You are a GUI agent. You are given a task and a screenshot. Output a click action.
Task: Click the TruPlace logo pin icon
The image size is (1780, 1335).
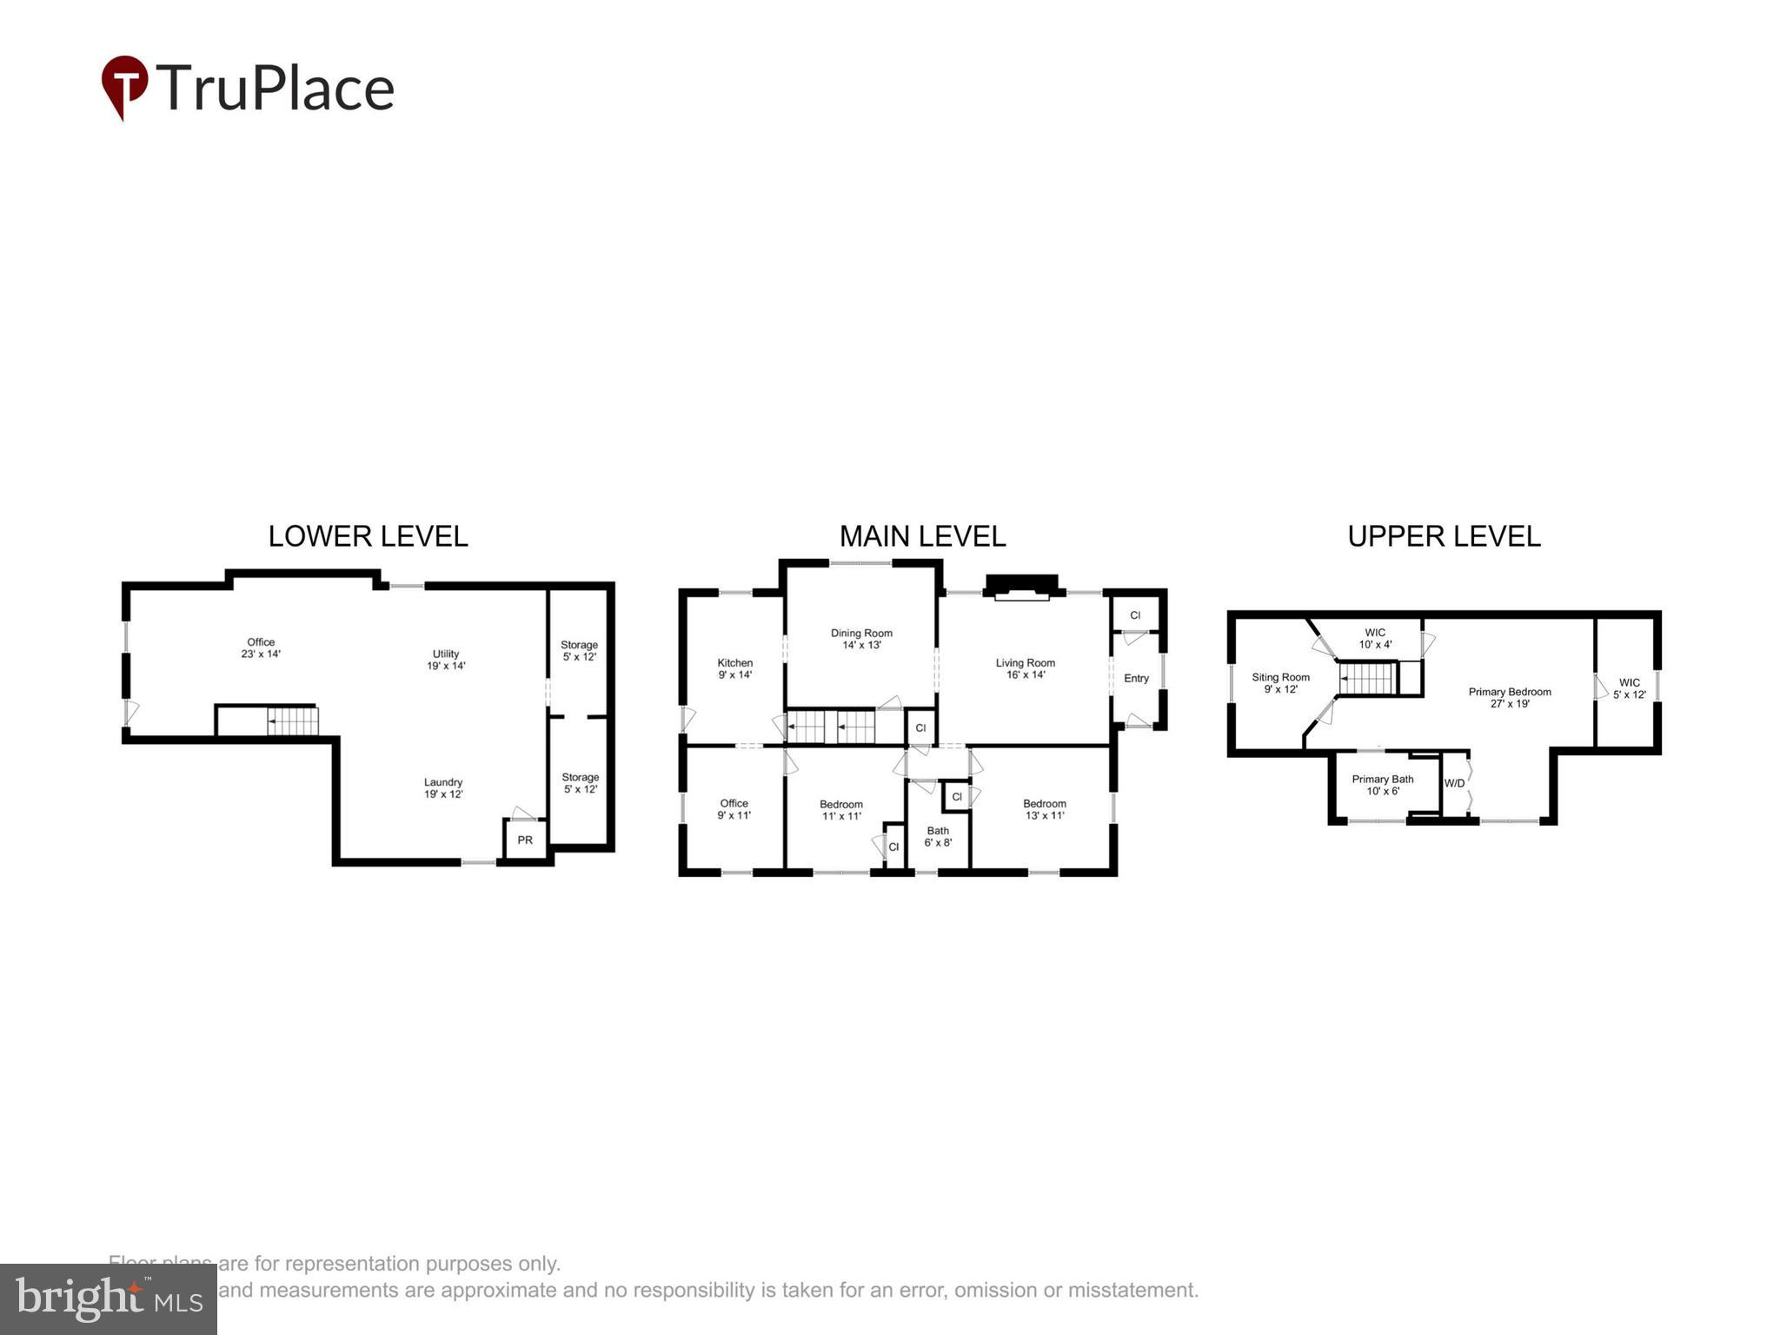pos(124,85)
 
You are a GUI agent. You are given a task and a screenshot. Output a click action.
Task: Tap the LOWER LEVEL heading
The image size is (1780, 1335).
pos(368,536)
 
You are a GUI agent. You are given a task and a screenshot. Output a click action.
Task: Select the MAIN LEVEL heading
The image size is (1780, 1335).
pos(922,536)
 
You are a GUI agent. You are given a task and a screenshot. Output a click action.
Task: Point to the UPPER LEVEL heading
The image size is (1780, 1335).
pos(1444,536)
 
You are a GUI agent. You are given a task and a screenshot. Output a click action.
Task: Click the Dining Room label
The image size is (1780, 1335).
pos(861,639)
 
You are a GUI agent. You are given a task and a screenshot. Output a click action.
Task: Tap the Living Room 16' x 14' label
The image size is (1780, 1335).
pos(1025,668)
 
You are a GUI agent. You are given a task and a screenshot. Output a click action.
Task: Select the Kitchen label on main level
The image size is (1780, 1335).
pos(734,668)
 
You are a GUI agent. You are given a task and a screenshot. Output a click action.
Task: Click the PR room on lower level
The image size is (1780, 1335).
pos(525,840)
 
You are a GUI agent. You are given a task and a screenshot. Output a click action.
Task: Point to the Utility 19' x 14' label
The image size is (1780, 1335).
pos(446,660)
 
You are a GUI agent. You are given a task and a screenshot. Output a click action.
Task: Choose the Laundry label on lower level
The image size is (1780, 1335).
pos(442,787)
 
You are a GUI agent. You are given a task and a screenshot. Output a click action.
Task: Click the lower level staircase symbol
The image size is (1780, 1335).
pos(292,721)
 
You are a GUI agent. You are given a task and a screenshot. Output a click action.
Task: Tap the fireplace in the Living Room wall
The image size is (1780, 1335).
pos(1021,588)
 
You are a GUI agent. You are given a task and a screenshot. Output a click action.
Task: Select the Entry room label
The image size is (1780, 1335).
pos(1136,678)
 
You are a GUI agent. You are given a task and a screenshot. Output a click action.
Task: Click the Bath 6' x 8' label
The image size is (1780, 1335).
pos(938,836)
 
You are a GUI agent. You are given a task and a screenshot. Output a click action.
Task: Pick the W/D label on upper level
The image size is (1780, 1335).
pos(1454,783)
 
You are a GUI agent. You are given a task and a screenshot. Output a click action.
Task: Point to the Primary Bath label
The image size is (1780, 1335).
pos(1382,785)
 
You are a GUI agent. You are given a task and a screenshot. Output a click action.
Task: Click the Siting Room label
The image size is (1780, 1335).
pos(1280,683)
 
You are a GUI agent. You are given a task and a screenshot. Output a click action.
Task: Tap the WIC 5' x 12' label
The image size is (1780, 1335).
pos(1629,688)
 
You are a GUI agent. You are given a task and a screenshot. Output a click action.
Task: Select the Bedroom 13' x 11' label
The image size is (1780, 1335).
pos(1044,809)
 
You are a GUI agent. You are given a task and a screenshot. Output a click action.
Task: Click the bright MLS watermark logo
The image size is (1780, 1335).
pos(109,1299)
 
